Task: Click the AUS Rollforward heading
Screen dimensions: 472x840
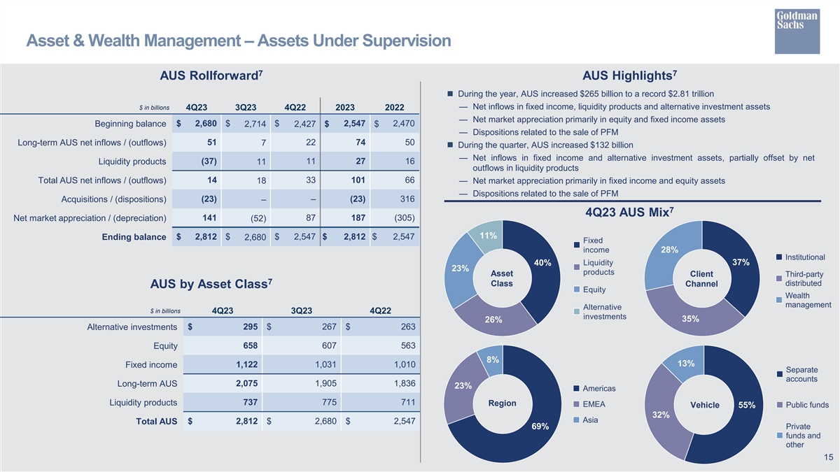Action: [211, 76]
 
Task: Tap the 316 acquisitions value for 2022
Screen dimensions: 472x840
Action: [407, 199]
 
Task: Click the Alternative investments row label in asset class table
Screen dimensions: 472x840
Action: [132, 327]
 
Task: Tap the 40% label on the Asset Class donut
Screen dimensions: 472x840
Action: [542, 263]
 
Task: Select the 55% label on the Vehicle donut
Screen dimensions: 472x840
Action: [746, 406]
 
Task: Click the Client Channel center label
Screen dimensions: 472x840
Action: [701, 278]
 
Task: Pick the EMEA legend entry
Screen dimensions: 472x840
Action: [594, 404]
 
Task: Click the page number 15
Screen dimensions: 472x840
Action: [828, 457]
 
